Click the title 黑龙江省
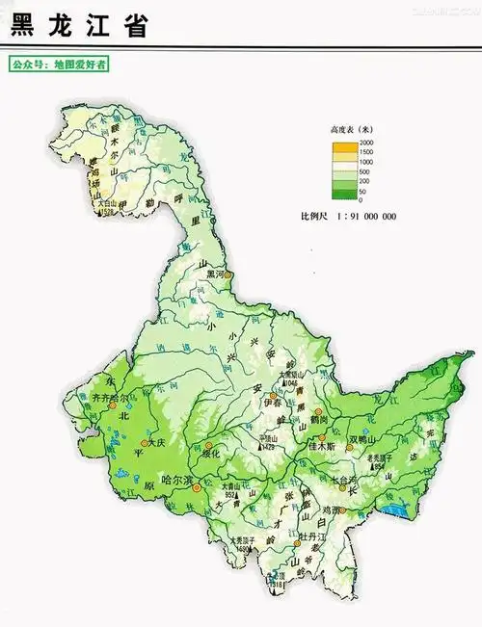pos(79,26)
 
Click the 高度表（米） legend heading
pos(351,129)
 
